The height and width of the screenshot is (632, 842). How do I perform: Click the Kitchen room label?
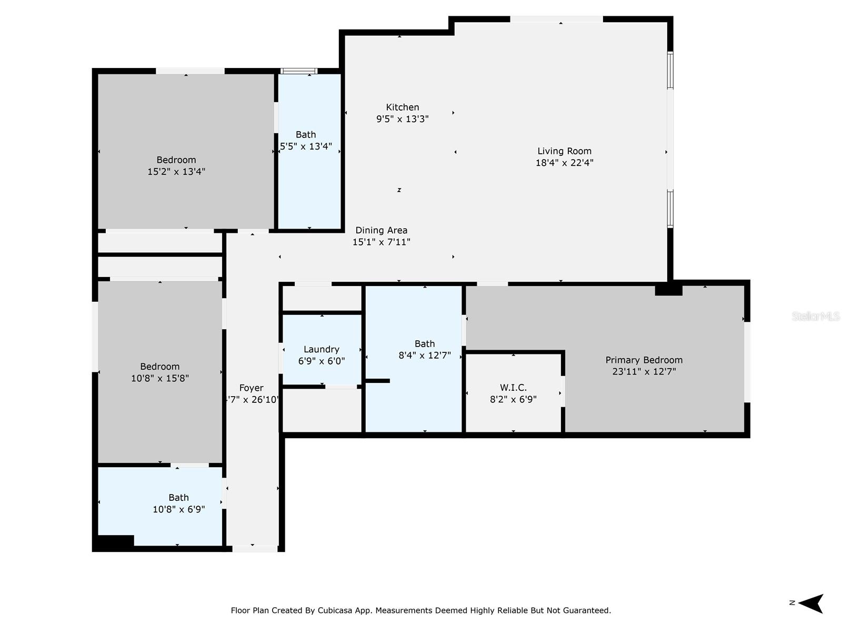click(x=402, y=107)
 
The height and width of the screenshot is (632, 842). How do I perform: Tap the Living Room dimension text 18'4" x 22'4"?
click(x=564, y=163)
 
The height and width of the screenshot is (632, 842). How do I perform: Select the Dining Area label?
click(x=381, y=230)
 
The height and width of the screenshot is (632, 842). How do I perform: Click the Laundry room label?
click(x=321, y=349)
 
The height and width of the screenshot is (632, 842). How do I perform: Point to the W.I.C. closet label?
click(x=513, y=388)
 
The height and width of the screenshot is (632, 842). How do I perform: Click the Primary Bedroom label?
click(x=644, y=360)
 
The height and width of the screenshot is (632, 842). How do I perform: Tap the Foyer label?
click(x=251, y=388)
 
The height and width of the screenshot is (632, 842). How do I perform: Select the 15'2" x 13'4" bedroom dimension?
click(x=176, y=172)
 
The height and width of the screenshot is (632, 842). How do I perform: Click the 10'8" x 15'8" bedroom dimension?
click(x=159, y=378)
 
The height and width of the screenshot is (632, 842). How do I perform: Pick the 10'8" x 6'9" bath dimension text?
click(x=178, y=509)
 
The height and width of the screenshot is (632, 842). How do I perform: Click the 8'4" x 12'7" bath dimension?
click(x=424, y=355)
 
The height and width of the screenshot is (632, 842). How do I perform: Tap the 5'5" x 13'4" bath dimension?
click(x=306, y=146)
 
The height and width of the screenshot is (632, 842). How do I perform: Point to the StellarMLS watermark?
click(x=816, y=316)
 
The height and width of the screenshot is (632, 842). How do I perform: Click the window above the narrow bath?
click(x=298, y=71)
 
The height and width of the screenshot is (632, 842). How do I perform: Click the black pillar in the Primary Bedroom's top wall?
click(x=668, y=290)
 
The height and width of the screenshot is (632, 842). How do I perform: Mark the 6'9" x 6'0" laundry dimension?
click(x=321, y=361)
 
